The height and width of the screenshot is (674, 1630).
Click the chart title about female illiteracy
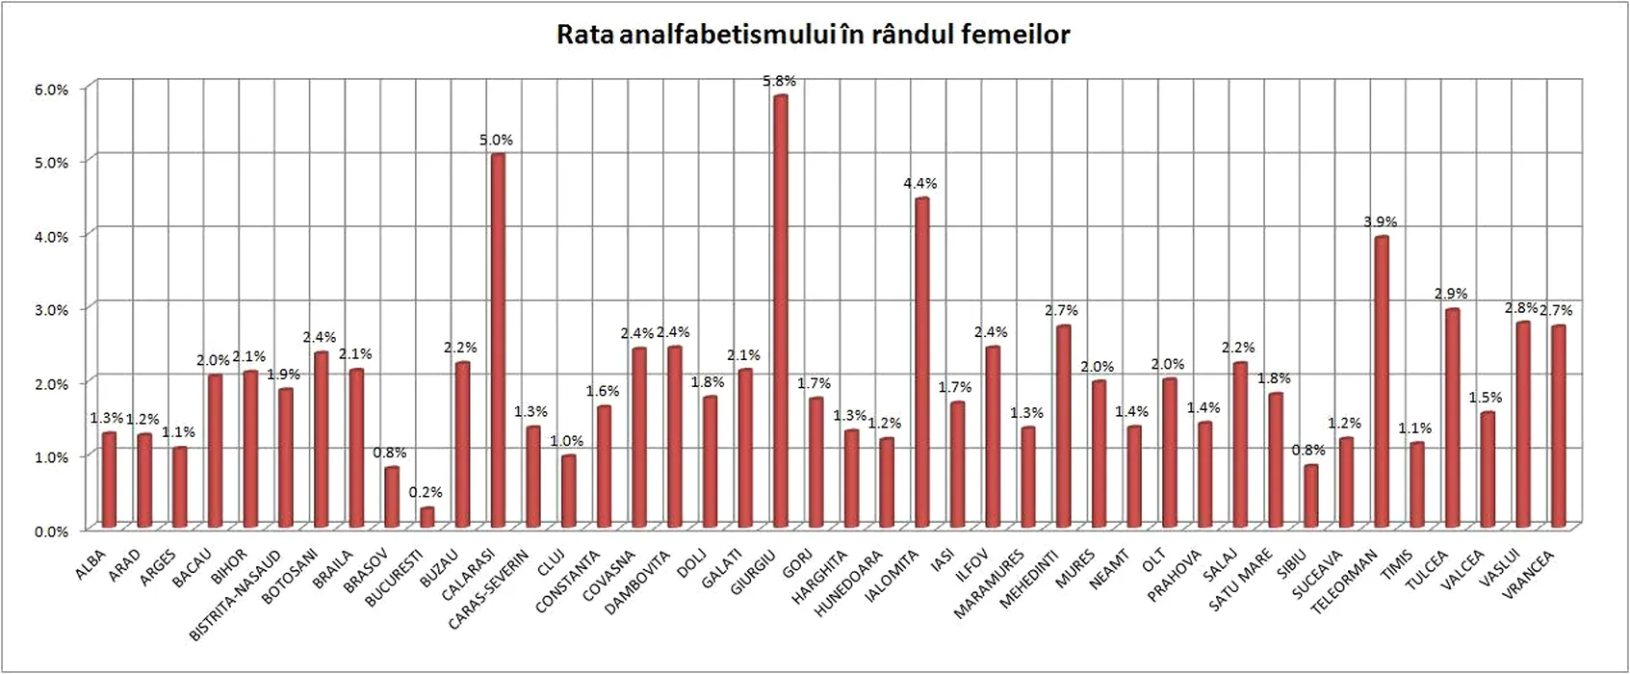coord(814,36)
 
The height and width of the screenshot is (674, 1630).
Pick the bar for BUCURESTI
coord(427,516)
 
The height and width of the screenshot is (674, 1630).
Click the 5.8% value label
coord(780,82)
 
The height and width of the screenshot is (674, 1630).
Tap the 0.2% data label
coord(426,492)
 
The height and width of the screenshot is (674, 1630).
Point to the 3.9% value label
coord(1381,221)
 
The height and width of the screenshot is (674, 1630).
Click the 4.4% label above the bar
coord(920,183)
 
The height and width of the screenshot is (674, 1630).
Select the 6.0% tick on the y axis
coord(52,90)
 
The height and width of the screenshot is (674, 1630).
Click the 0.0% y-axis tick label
coord(52,531)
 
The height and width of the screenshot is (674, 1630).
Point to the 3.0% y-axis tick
coord(52,310)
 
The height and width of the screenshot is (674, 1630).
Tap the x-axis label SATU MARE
coord(1242,580)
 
